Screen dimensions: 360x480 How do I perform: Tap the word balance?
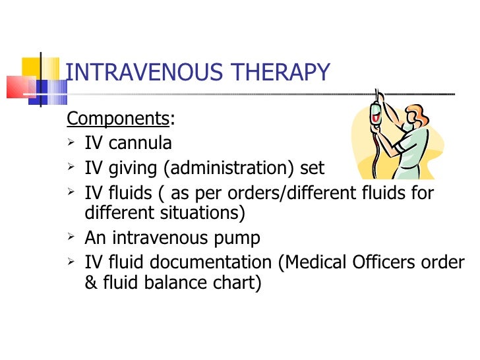pyautogui.click(x=175, y=283)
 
